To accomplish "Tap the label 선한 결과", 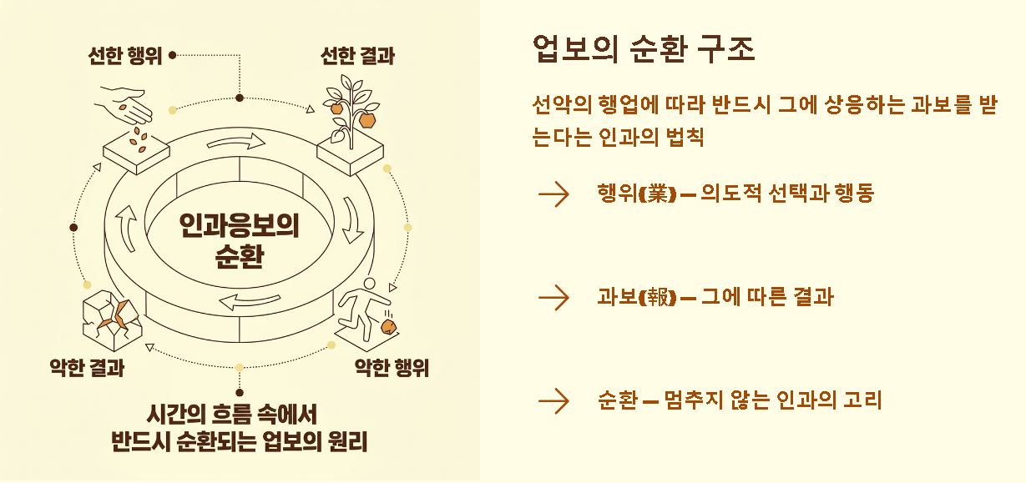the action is point(357,56).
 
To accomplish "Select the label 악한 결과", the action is point(87,367).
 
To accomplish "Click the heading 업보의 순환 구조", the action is point(643,50).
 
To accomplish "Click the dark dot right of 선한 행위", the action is point(172,56).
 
